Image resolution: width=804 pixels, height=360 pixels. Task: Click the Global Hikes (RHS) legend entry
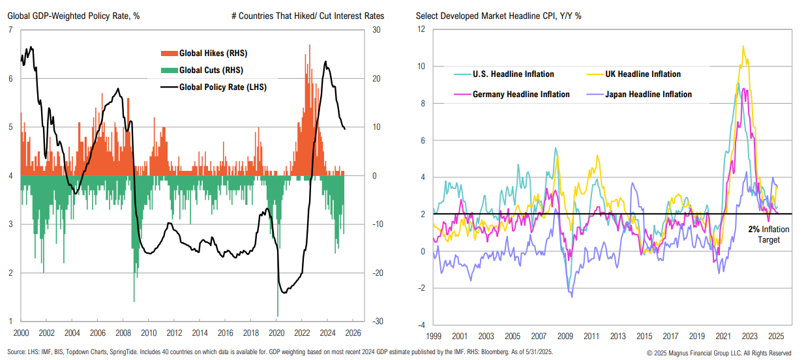[213, 53]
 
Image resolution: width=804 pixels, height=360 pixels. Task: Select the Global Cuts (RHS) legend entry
[211, 70]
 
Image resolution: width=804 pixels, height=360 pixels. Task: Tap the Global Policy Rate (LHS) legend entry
[222, 87]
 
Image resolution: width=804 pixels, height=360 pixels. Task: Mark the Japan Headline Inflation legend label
[649, 95]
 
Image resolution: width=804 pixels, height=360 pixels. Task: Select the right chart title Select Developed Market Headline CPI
[498, 15]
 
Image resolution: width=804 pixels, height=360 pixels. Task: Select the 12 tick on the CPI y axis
[421, 29]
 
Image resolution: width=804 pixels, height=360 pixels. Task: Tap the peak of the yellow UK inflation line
[743, 46]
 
